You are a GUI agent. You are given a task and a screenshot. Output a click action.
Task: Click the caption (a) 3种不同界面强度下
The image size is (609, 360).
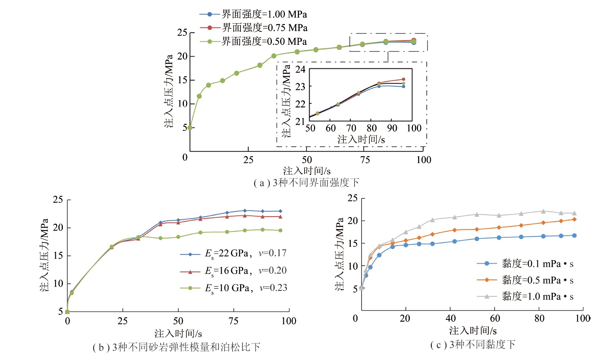click(x=306, y=183)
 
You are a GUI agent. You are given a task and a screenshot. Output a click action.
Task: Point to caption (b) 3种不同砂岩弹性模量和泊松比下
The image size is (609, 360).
click(x=176, y=347)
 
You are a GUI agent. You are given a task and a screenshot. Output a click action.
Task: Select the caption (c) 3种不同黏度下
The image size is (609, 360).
click(x=473, y=345)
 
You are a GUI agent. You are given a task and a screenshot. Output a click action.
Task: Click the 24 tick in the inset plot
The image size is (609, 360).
click(x=300, y=70)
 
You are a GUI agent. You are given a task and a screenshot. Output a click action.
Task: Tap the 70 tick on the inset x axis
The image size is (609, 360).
click(x=351, y=128)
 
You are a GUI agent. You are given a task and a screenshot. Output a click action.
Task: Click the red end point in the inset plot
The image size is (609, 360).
click(x=404, y=79)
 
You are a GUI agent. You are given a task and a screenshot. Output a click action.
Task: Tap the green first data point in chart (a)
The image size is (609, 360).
click(x=190, y=128)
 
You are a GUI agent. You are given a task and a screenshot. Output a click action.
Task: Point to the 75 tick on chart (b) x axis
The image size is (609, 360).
click(x=233, y=321)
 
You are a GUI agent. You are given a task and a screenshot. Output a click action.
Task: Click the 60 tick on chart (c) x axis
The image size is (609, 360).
click(x=495, y=318)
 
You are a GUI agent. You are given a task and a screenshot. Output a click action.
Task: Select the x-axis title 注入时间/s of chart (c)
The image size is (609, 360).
click(x=473, y=331)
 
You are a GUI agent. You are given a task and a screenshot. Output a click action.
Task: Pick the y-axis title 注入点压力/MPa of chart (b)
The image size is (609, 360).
click(x=44, y=255)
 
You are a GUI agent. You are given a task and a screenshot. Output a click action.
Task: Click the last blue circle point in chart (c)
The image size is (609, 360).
click(x=574, y=235)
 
